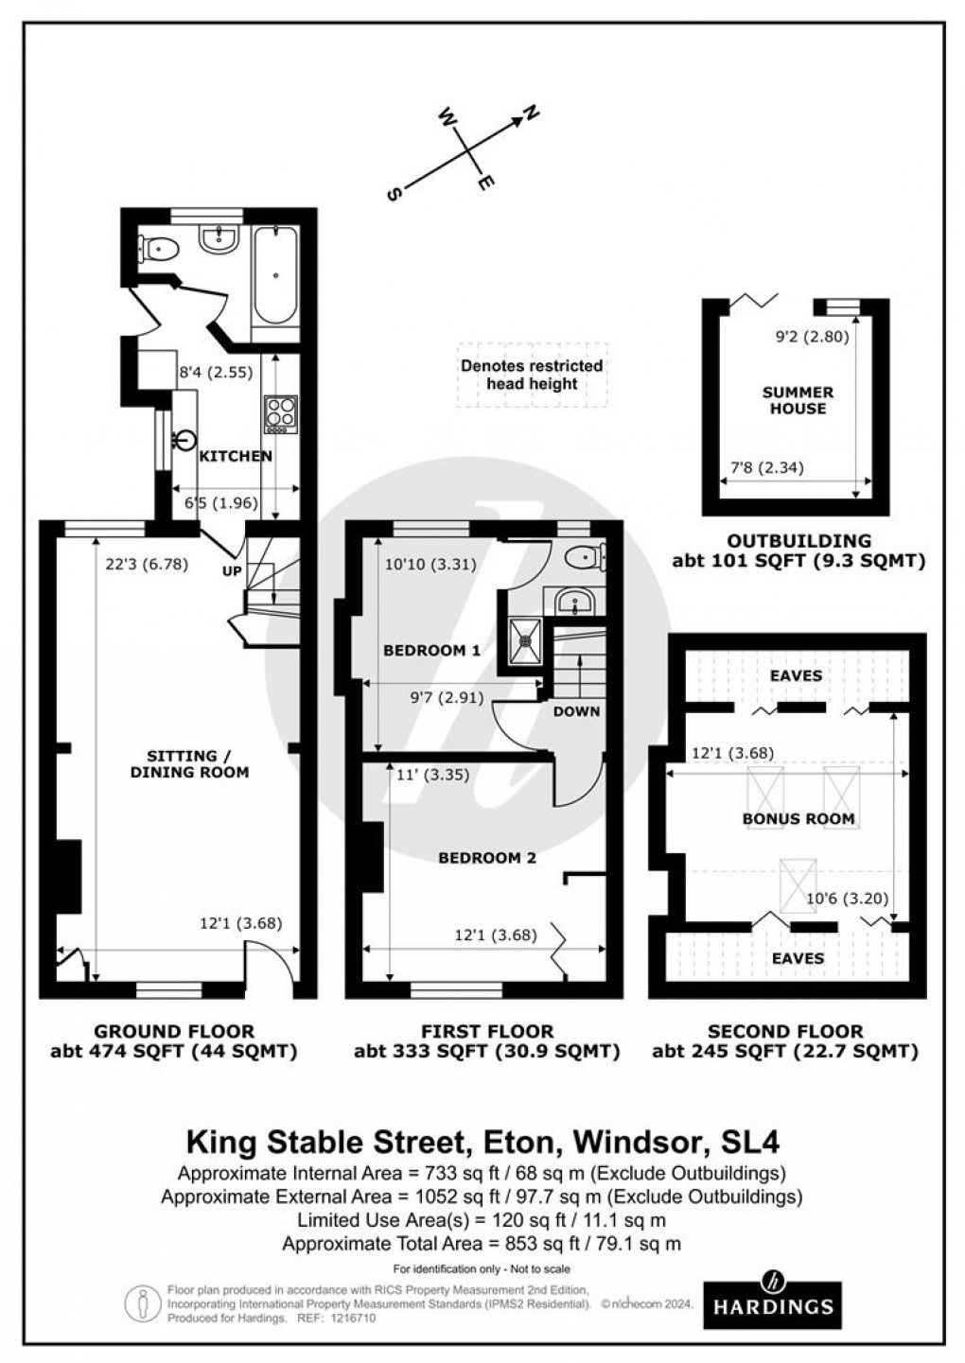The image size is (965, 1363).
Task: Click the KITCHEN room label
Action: point(236,456)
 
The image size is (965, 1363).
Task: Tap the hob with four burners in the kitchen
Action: point(280,414)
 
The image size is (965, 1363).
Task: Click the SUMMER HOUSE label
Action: point(798,400)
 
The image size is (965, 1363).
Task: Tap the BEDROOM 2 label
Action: point(486,858)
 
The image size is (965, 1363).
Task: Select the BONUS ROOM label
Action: point(798,818)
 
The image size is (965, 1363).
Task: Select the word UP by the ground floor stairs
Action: point(232,572)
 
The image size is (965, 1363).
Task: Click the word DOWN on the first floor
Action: point(576,711)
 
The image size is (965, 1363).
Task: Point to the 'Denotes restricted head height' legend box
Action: point(531,375)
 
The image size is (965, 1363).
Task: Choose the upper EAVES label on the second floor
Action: point(796,675)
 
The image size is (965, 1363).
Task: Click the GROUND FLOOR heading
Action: point(173,1031)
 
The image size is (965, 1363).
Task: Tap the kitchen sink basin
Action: point(185,439)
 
